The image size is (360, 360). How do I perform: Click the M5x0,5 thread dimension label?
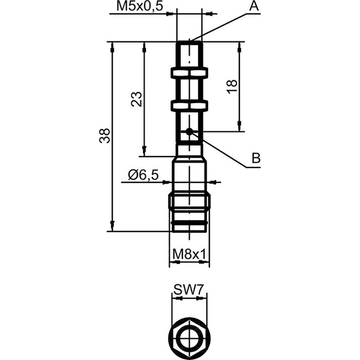click(x=140, y=6)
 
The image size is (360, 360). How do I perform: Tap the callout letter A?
click(x=254, y=6)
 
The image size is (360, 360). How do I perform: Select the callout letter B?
click(x=256, y=158)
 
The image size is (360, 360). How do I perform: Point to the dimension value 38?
click(x=104, y=136)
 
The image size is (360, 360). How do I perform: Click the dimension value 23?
click(x=136, y=99)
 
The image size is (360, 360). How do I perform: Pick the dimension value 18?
click(x=232, y=86)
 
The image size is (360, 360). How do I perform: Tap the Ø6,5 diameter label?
click(x=143, y=175)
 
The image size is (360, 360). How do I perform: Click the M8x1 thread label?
click(x=189, y=254)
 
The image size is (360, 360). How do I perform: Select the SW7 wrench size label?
click(x=188, y=290)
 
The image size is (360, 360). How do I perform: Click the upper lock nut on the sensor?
click(x=189, y=73)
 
